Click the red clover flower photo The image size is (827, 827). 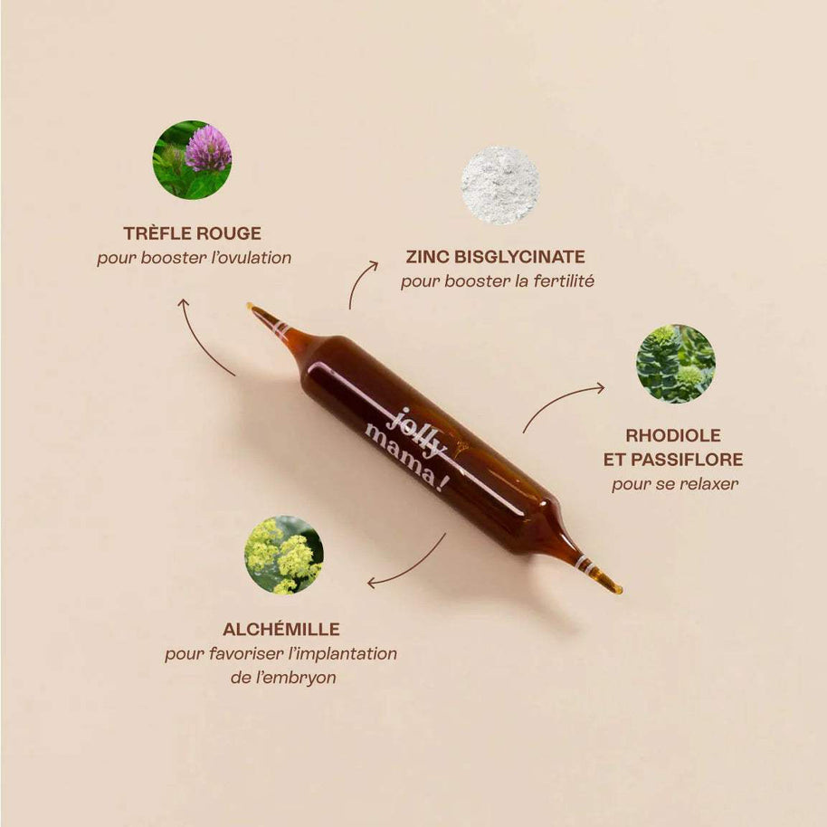192,160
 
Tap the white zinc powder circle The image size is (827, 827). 500,185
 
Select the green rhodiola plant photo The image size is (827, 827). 675,364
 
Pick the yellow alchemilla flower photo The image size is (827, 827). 284,555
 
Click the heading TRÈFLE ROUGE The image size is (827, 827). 192,233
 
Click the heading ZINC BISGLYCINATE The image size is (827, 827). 496,257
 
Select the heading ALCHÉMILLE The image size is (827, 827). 281,629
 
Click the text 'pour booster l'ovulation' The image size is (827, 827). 195,258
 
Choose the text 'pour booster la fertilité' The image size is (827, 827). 498,281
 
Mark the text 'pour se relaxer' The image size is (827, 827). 675,484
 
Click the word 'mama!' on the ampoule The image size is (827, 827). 404,458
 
